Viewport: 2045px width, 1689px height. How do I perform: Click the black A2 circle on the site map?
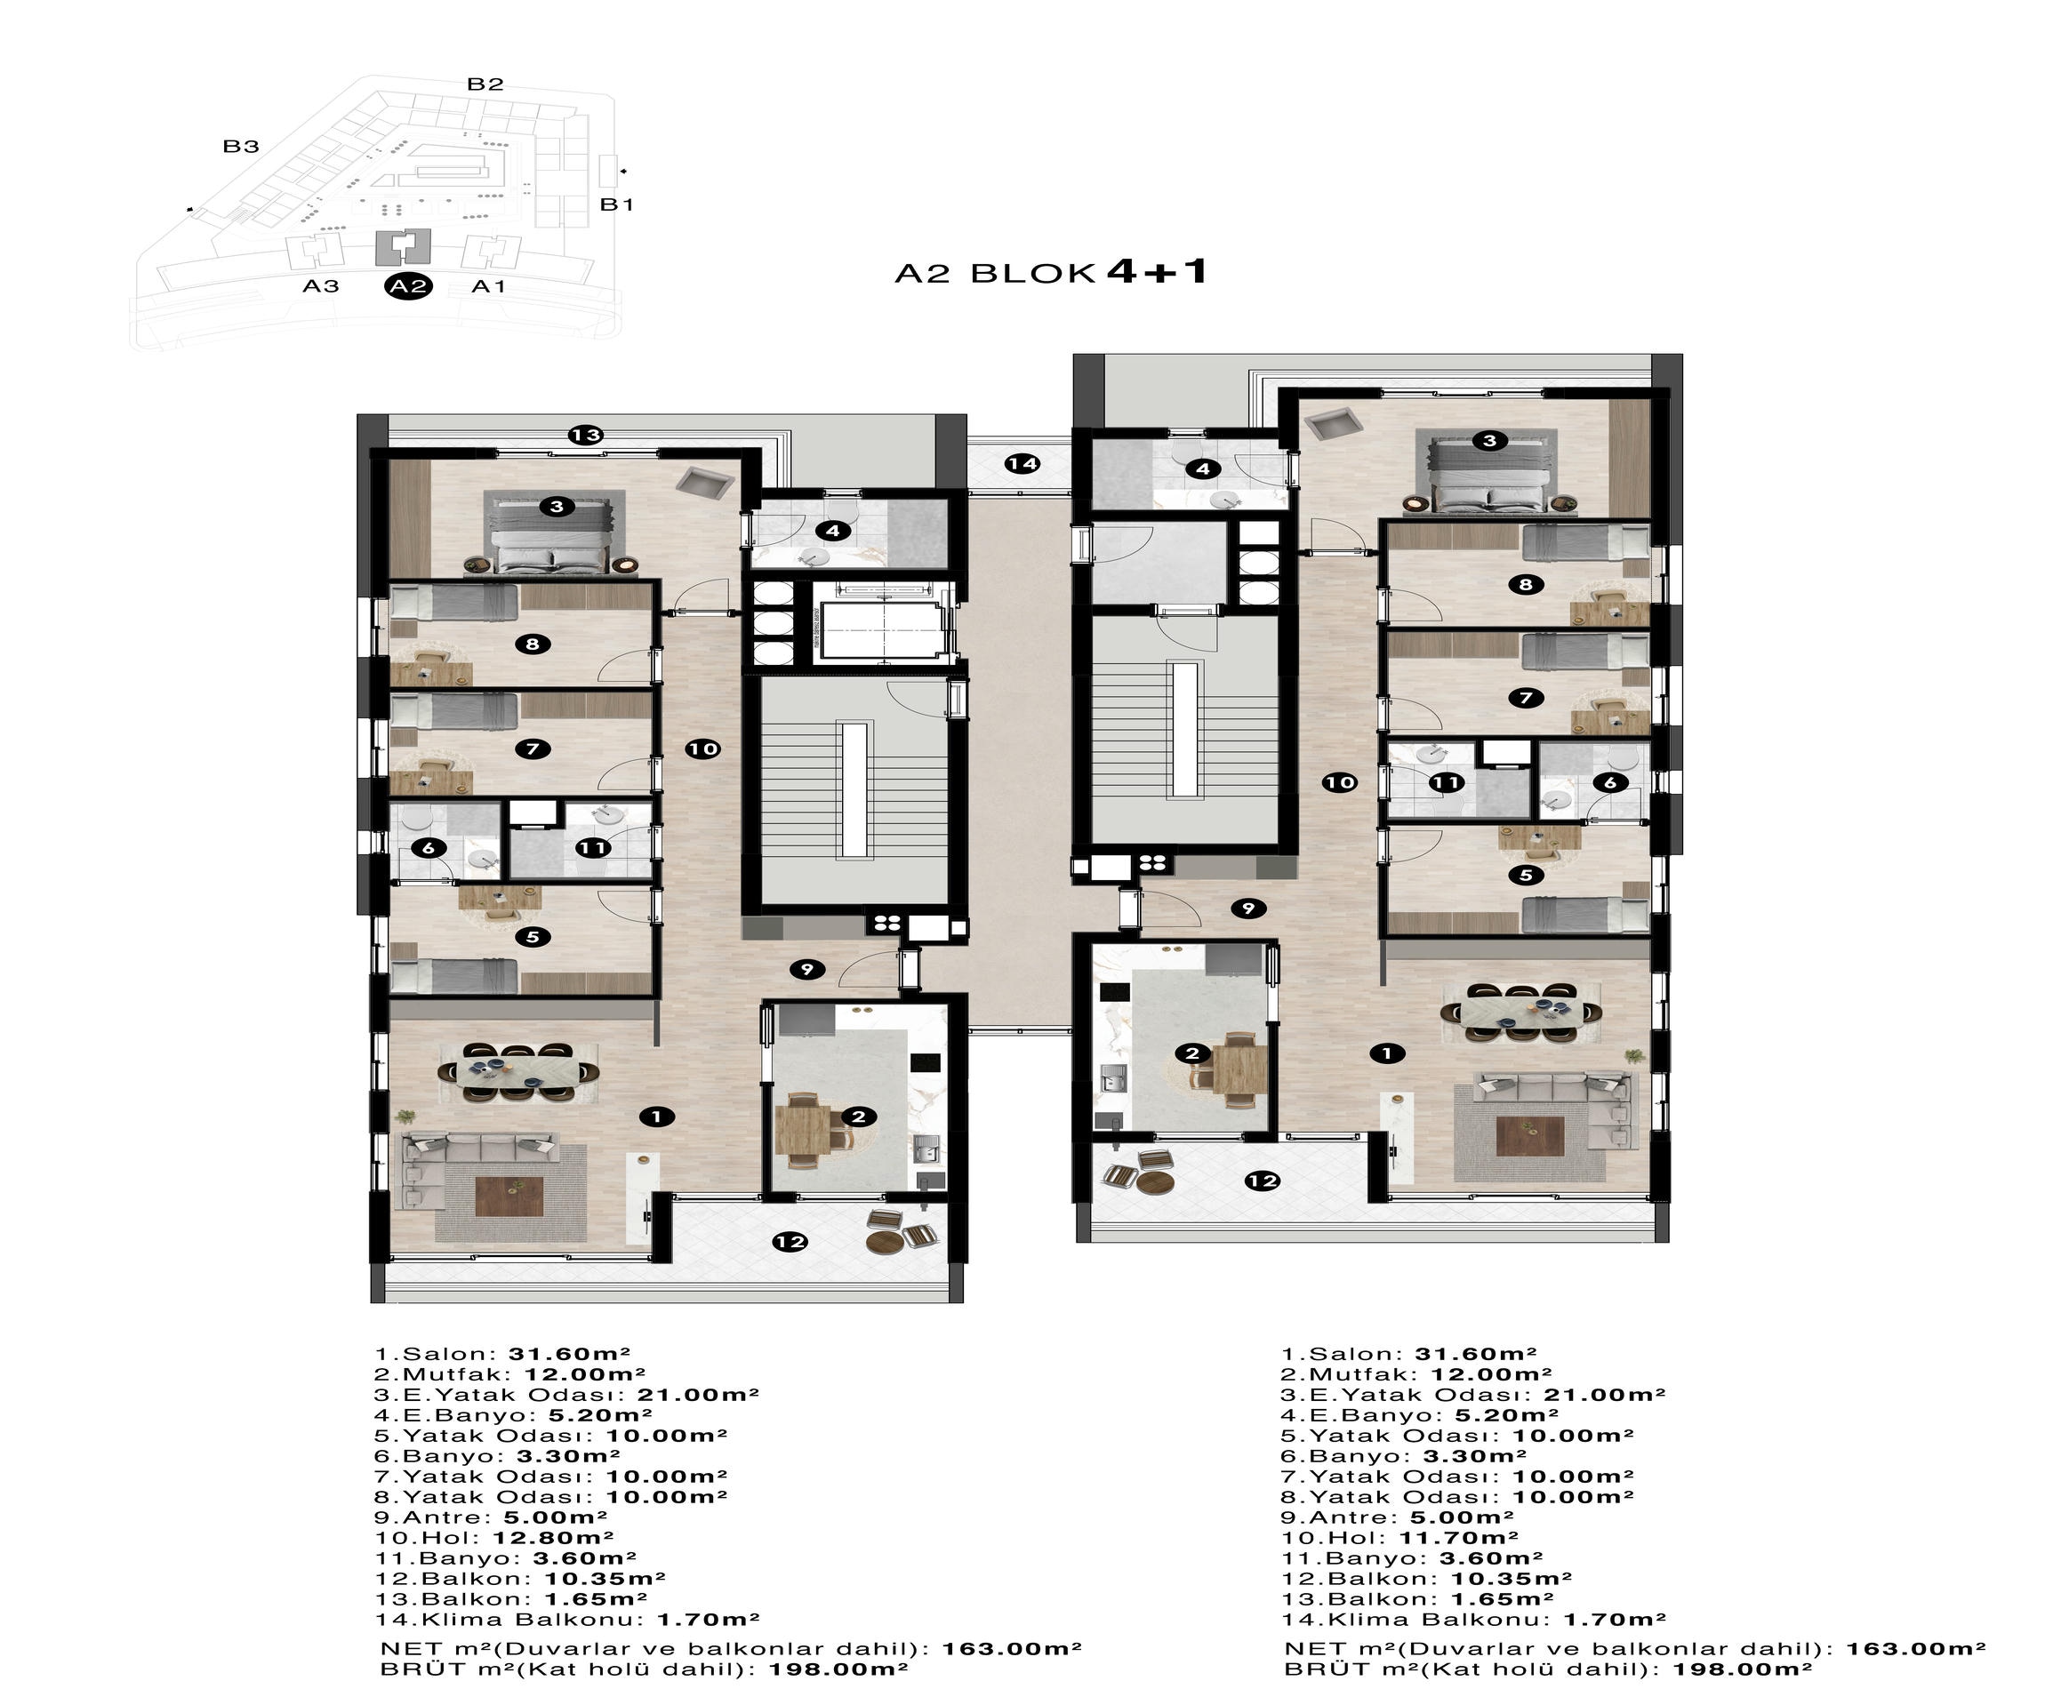[409, 286]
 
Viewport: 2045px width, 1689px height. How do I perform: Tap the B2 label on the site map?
[485, 84]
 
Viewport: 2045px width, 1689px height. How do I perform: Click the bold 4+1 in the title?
[1158, 270]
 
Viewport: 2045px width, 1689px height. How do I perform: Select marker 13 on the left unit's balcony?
[587, 435]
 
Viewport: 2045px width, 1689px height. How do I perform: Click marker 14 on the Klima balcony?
[1022, 463]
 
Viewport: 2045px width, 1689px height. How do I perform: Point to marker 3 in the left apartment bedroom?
[557, 506]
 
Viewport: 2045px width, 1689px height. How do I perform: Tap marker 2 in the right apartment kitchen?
[1192, 1053]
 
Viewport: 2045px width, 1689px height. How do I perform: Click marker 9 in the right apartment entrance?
[1248, 909]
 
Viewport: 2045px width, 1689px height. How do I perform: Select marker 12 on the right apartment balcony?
[1263, 1181]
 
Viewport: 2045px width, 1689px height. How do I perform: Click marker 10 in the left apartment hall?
[702, 748]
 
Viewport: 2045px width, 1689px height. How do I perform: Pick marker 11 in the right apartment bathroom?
[1447, 782]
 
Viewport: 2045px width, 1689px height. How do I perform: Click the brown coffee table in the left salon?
[509, 1196]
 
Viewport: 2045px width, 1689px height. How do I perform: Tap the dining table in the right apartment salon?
[1520, 1013]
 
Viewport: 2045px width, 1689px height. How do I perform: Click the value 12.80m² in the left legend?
[553, 1538]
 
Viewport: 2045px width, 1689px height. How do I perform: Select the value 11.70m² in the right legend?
[1458, 1538]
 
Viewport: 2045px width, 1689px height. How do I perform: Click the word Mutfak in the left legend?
[455, 1374]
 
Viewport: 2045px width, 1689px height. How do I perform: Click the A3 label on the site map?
[320, 286]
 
